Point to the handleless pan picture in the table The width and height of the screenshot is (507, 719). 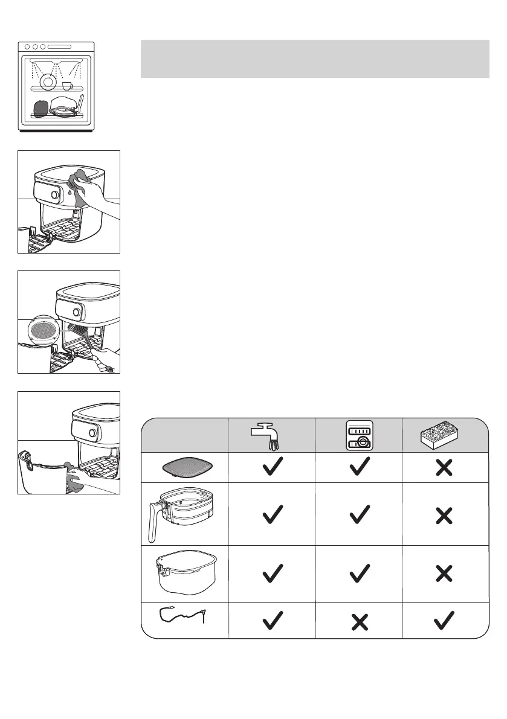(186, 574)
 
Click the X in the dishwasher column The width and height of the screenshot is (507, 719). (359, 621)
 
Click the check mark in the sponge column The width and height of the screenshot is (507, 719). (445, 620)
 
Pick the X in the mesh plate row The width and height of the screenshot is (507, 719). (445, 467)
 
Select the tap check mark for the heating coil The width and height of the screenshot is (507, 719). (272, 620)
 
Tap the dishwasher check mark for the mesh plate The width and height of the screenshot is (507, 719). (359, 467)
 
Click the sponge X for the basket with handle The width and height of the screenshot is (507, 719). (445, 515)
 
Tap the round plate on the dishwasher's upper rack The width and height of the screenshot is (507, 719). (47, 80)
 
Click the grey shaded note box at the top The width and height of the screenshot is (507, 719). (314, 59)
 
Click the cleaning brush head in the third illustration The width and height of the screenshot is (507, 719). (78, 332)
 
